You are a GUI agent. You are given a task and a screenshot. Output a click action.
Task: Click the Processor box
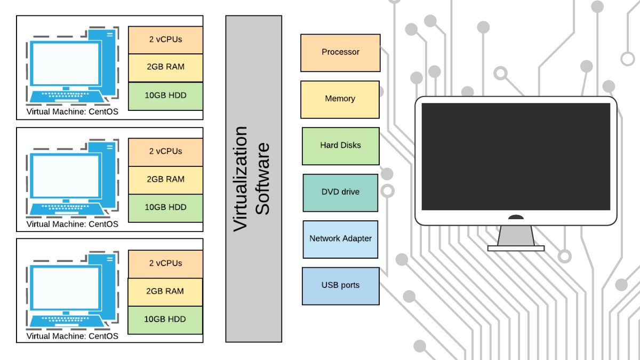(x=340, y=53)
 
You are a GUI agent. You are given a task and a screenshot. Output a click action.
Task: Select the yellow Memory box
(x=340, y=99)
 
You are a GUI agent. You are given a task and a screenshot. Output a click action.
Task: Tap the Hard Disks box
(x=340, y=146)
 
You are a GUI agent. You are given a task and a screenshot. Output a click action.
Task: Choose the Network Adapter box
(x=340, y=239)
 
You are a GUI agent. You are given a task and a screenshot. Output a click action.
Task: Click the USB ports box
(x=340, y=286)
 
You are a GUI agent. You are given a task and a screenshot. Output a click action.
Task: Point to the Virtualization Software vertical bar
(x=253, y=179)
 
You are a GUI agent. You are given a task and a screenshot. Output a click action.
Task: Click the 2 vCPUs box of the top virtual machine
(x=165, y=40)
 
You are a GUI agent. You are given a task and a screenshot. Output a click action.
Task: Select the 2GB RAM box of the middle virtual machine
(x=165, y=180)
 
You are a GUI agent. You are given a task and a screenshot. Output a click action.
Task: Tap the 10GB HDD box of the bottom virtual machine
(x=165, y=319)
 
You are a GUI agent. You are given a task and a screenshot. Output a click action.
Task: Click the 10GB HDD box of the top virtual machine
(x=165, y=96)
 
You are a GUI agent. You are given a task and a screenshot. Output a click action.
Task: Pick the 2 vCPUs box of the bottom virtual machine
(x=165, y=264)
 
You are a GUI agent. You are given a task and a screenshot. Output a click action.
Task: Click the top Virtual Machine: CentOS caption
(x=72, y=112)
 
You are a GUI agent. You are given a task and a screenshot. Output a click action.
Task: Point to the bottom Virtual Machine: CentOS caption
(x=72, y=336)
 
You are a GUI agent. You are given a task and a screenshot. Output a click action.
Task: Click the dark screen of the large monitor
(x=516, y=156)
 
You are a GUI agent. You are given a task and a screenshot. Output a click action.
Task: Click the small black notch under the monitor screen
(x=516, y=218)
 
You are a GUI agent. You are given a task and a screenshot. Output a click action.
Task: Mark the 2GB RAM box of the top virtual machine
(x=165, y=68)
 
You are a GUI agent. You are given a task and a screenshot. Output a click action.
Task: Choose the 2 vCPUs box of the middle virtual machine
(x=165, y=152)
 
